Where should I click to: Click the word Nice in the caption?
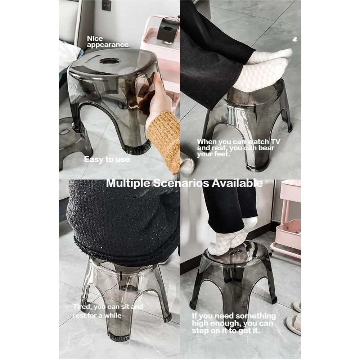click(95, 39)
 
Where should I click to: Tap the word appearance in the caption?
click(107, 45)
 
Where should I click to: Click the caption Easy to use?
click(107, 159)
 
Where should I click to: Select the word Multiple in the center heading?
click(128, 183)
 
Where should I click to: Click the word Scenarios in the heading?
click(181, 183)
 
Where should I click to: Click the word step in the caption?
click(199, 331)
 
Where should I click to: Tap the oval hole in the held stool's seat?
click(110, 61)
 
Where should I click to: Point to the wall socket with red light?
click(107, 5)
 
